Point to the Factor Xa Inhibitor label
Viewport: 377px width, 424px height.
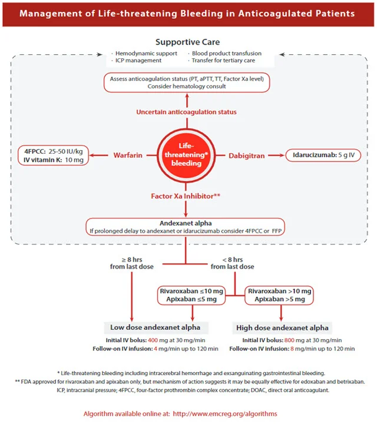click(x=186, y=196)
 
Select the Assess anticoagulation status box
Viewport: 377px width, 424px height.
click(x=186, y=82)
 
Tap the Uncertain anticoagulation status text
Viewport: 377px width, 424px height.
click(x=186, y=112)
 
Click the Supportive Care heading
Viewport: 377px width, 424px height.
click(x=188, y=42)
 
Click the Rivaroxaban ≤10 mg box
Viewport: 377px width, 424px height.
click(x=192, y=295)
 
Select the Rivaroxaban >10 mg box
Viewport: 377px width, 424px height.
click(x=280, y=295)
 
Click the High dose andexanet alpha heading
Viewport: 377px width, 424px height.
click(x=282, y=327)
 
